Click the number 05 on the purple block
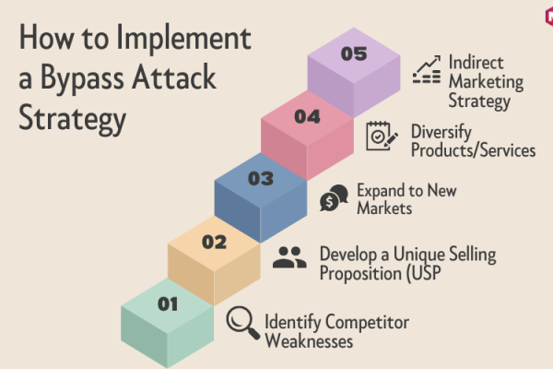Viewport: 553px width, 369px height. (x=354, y=54)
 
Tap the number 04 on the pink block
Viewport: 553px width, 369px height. (x=307, y=116)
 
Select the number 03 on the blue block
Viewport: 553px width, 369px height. (x=261, y=179)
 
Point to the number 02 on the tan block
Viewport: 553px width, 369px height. (x=214, y=243)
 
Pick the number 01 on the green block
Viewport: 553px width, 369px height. (x=168, y=304)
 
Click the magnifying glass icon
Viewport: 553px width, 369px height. (x=243, y=323)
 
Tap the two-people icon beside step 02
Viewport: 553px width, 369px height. (x=289, y=257)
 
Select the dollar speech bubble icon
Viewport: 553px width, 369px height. (x=334, y=197)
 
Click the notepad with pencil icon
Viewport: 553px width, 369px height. (x=382, y=136)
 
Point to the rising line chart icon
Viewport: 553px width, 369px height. (x=427, y=69)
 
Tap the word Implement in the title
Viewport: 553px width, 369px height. (x=183, y=38)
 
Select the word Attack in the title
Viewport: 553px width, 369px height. (x=174, y=77)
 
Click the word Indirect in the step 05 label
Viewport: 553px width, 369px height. (x=476, y=63)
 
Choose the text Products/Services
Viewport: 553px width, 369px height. (x=474, y=150)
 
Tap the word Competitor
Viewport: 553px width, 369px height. (x=367, y=322)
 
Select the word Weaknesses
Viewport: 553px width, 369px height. (x=309, y=341)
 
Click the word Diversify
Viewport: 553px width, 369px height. (x=441, y=133)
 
